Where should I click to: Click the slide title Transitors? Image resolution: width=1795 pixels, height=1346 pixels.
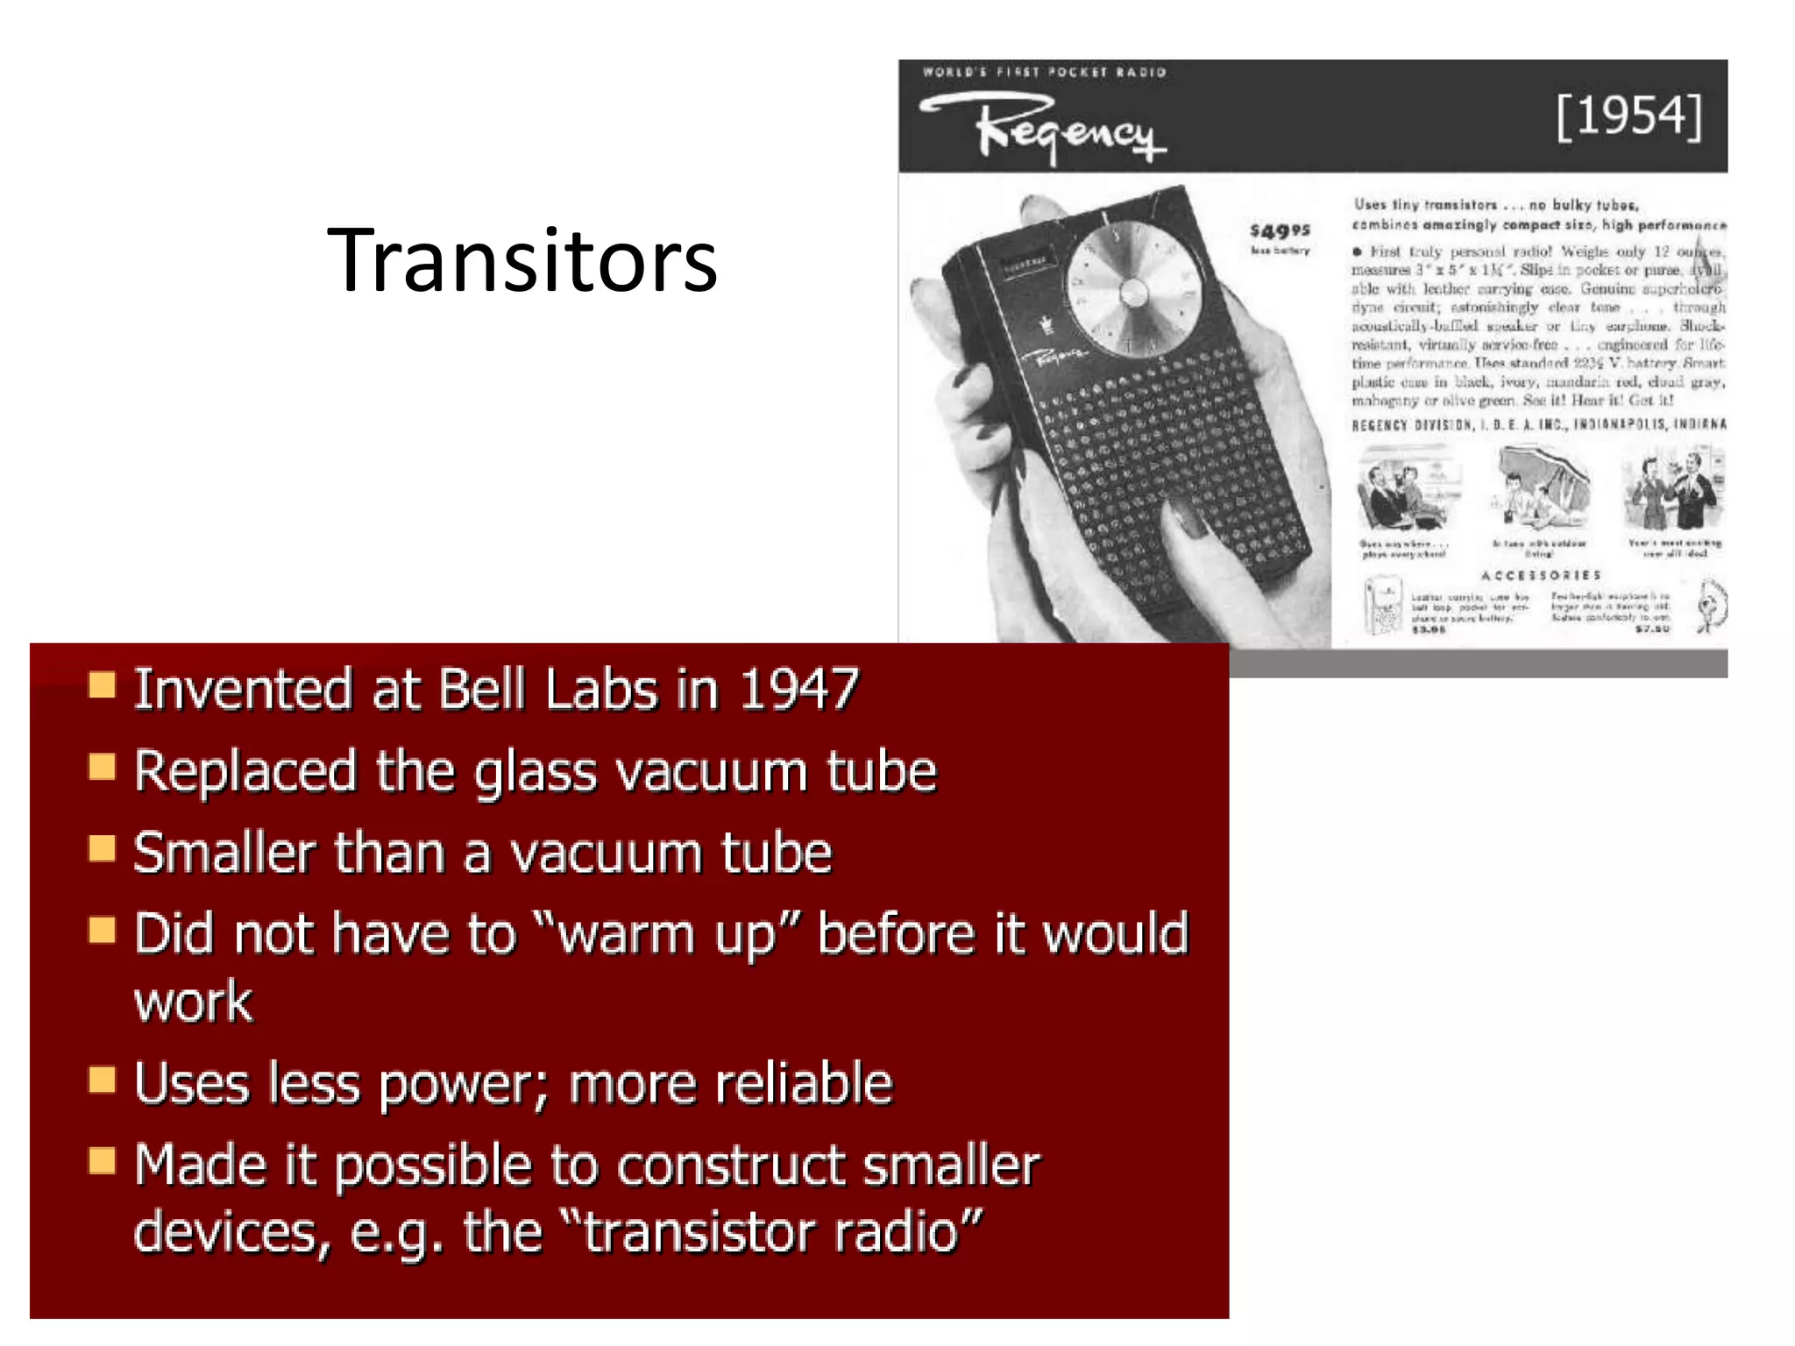pos(522,260)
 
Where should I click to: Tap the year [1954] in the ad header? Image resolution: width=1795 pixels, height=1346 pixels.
pos(1628,117)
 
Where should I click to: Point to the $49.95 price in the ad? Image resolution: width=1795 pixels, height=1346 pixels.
pos(1280,230)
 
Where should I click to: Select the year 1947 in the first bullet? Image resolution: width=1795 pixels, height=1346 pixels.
pos(798,690)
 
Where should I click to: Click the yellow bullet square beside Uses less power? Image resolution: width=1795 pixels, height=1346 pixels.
pos(103,1080)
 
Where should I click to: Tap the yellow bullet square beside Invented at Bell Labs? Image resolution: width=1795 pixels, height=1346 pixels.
pos(103,685)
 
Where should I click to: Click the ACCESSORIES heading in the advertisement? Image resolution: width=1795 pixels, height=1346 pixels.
pos(1541,576)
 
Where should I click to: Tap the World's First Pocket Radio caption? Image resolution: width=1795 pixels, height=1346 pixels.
pos(1044,72)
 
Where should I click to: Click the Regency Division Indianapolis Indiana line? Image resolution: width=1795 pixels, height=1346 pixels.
pos(1538,425)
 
